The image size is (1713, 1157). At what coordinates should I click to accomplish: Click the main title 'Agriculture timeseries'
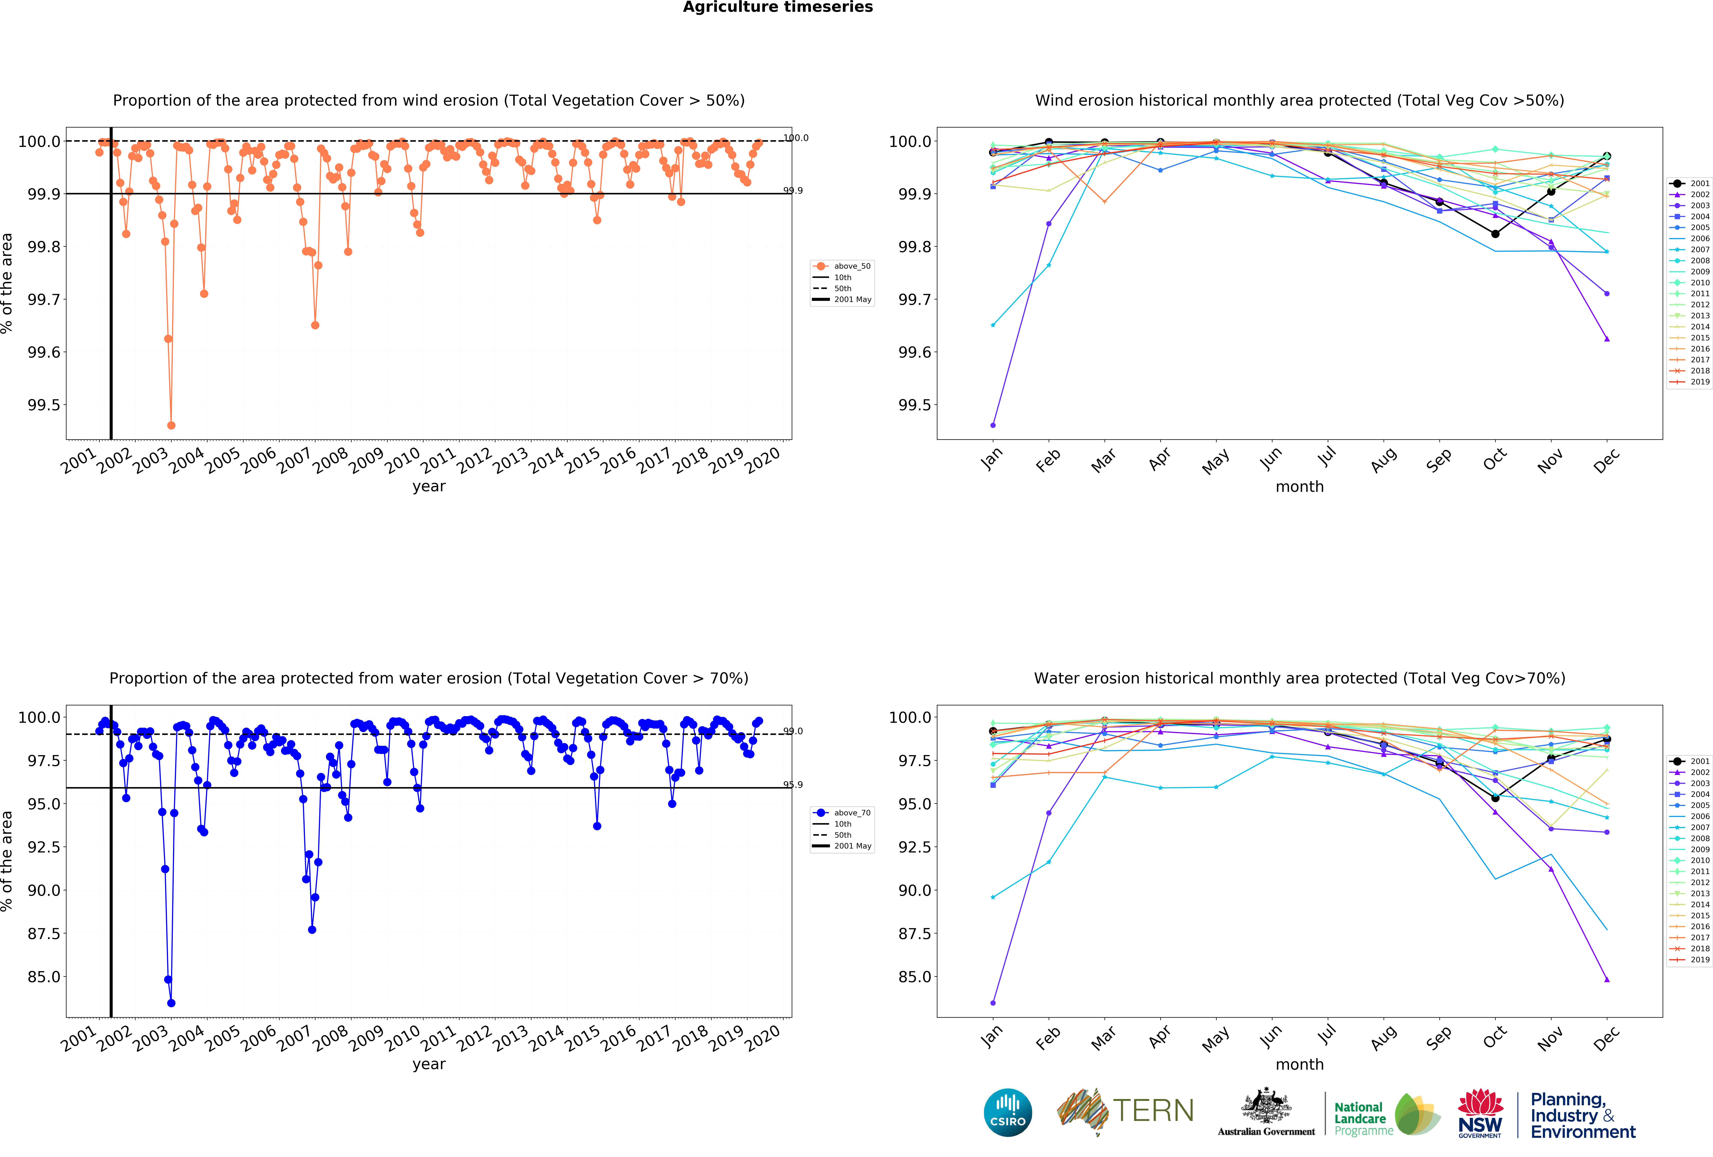tap(778, 7)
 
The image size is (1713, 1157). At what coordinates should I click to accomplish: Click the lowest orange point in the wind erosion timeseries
tap(171, 425)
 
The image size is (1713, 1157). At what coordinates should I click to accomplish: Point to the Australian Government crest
tap(1266, 1105)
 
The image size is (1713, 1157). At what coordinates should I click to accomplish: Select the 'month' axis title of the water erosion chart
tap(1299, 1064)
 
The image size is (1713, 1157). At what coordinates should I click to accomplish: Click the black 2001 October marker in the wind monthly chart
tap(1495, 234)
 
